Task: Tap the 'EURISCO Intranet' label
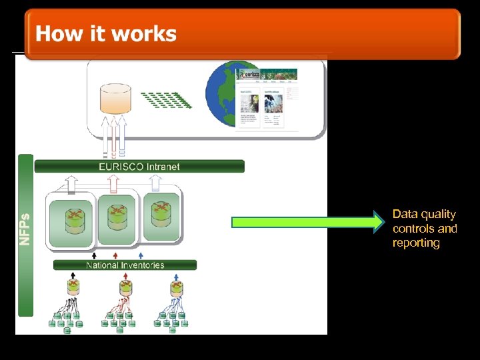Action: [139, 166]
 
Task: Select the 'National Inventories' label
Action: [125, 265]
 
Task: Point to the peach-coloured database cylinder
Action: [115, 98]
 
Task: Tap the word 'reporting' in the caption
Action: [416, 243]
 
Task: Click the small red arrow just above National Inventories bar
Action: [117, 255]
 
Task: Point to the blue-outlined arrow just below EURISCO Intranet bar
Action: [155, 181]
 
